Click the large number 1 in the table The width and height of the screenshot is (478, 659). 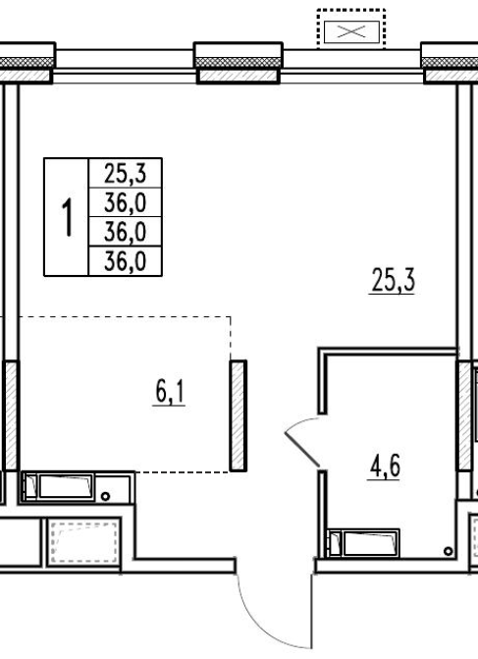coord(67,217)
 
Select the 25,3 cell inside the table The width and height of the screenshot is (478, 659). coord(126,173)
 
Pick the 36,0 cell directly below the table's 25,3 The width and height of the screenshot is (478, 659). coord(126,202)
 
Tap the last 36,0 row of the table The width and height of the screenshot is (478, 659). coord(126,261)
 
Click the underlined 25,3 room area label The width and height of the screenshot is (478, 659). coord(394,281)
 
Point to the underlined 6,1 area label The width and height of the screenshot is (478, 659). coord(169,393)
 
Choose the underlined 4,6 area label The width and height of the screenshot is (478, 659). coord(385,467)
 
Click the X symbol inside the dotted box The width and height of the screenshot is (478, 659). coord(351,31)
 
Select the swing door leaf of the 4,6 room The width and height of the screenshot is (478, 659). coord(302,449)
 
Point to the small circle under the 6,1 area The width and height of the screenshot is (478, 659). coord(105,496)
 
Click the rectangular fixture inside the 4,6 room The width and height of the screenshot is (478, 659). coord(364,543)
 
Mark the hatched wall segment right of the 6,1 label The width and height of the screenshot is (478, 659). coord(239,415)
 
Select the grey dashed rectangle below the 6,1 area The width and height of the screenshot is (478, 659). coord(83,542)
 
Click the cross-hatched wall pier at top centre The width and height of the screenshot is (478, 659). coord(239,62)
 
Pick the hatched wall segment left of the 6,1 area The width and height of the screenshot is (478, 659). coord(12,415)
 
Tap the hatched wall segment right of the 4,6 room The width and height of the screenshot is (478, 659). coord(463,415)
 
